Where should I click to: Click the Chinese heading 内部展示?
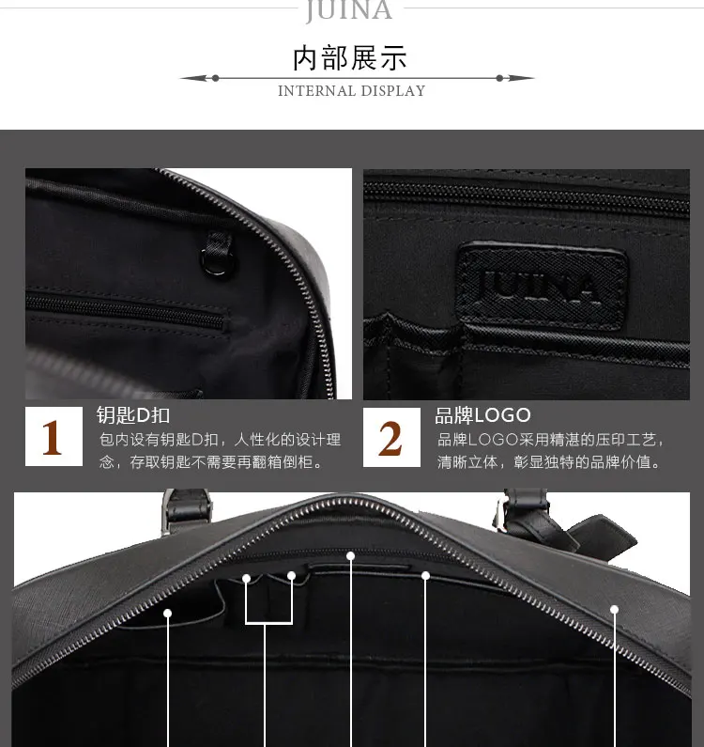350,58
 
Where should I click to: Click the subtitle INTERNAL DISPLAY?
352,90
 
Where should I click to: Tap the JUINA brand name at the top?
349,10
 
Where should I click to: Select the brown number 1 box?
54,436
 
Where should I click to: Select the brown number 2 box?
391,437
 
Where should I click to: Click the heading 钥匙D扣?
133,415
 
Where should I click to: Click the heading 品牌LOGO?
482,415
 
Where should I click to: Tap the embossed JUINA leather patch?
541,286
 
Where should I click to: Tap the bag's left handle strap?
187,510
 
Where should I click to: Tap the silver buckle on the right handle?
499,515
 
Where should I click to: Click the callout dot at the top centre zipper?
351,556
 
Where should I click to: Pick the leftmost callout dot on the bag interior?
167,614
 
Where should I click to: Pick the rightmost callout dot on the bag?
615,609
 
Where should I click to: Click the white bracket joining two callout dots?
269,622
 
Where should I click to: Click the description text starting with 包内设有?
220,450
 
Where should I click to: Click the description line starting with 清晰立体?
549,461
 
